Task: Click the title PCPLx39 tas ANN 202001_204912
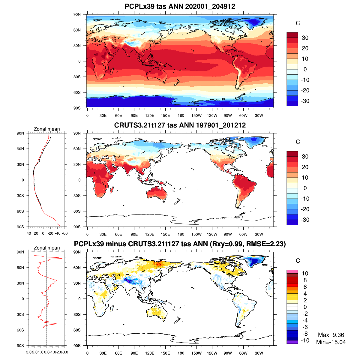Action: (180, 6)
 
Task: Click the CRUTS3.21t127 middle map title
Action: (180, 125)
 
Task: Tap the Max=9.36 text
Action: (331, 335)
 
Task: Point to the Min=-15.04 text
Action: (331, 342)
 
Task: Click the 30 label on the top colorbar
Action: (305, 38)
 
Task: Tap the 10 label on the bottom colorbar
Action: (305, 273)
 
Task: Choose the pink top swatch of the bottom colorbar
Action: (292, 271)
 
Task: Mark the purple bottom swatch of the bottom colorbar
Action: (292, 342)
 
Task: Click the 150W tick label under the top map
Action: (196, 115)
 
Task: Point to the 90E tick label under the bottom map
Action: (134, 353)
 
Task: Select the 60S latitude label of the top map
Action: (77, 92)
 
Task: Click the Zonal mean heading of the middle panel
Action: (47, 129)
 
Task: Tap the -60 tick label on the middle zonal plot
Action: (64, 233)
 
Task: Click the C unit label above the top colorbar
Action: (298, 23)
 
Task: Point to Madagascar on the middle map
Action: (112, 190)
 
